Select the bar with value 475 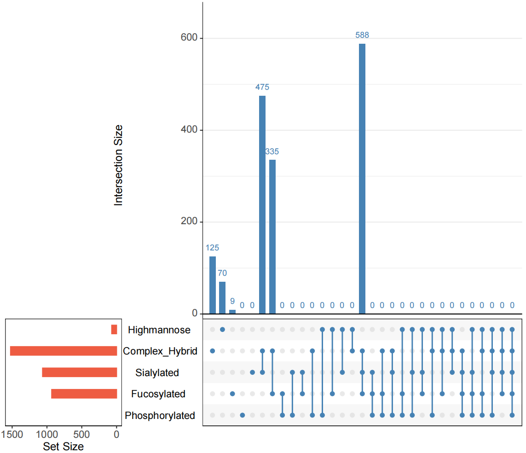point(262,204)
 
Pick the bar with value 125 point(213,285)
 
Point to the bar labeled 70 point(222,297)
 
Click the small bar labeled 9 point(232,312)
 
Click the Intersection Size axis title point(119,165)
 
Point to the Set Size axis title point(63,446)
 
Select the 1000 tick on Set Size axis point(46,434)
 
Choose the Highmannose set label point(159,330)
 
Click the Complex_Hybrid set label point(160,351)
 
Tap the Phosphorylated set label point(160,416)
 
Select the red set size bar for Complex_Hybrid point(64,351)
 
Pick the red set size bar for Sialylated point(79,372)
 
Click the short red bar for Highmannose point(114,330)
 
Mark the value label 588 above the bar point(362,35)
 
